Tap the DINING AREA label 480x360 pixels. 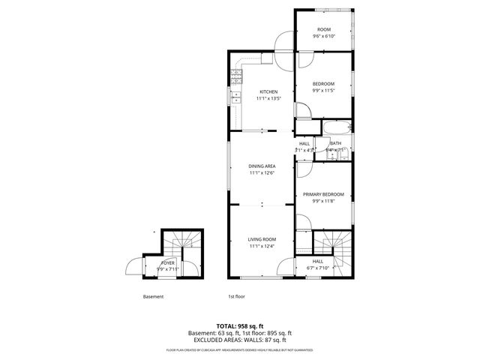pos(262,166)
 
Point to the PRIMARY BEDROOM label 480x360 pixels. pos(323,193)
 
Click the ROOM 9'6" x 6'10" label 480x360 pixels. pos(323,29)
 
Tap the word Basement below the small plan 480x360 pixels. pos(153,296)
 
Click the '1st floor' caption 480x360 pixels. pos(236,296)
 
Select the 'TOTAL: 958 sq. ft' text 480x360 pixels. pos(240,326)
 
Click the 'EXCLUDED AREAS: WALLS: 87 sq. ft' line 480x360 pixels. pos(240,340)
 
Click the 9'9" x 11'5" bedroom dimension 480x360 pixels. pos(323,91)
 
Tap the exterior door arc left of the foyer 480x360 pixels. pos(133,267)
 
